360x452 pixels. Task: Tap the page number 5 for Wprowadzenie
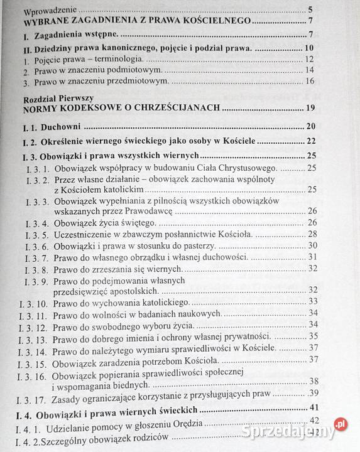[310, 10]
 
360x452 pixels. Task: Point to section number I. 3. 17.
[38, 395]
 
